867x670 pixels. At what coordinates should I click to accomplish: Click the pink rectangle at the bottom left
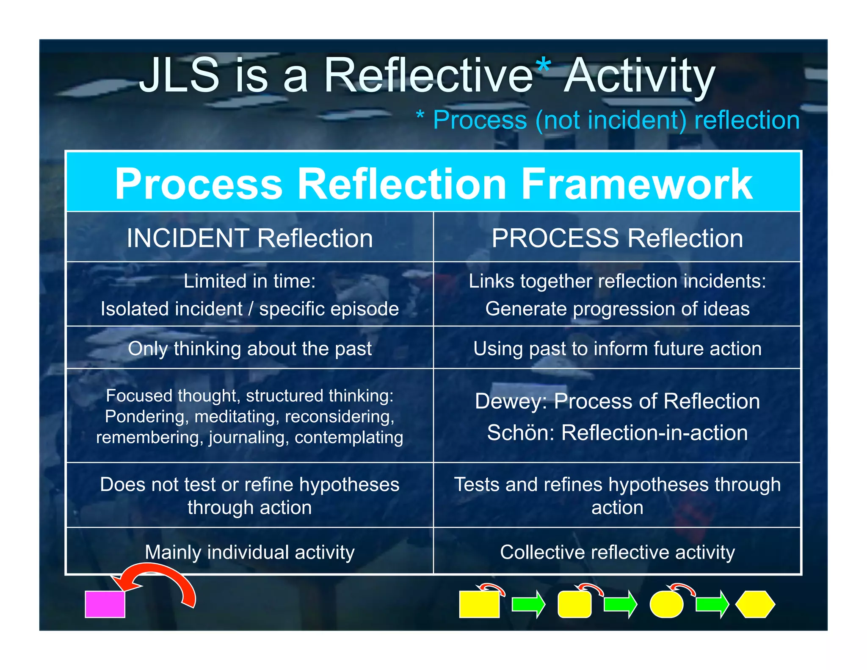tap(105, 604)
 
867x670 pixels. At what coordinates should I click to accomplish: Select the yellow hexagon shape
tap(755, 604)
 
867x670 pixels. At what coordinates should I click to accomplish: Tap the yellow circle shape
tap(666, 605)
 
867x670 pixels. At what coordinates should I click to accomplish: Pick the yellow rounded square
tap(574, 605)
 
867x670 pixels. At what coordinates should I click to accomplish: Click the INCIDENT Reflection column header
tap(250, 238)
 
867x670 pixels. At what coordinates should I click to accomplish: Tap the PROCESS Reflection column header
tap(617, 238)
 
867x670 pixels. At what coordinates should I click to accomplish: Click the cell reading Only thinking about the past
tap(250, 349)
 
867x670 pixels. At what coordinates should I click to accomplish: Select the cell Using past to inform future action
tap(617, 349)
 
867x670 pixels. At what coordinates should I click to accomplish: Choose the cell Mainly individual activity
tap(250, 552)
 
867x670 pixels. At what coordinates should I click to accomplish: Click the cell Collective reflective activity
tap(617, 552)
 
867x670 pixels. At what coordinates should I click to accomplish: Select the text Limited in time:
tap(250, 281)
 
